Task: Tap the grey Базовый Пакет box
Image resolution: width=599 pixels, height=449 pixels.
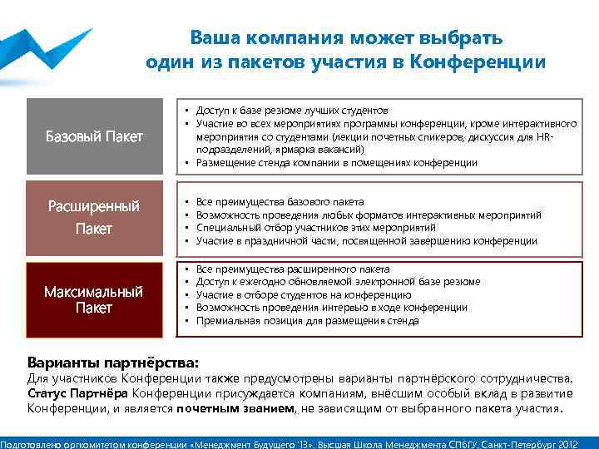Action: click(94, 136)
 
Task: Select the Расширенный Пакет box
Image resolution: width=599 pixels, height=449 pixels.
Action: click(94, 217)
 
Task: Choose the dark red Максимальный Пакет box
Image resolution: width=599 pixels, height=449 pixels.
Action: click(94, 299)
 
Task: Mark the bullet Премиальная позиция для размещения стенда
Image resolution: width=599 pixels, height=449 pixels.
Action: click(307, 321)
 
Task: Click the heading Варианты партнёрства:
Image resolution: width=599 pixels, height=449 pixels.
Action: click(113, 363)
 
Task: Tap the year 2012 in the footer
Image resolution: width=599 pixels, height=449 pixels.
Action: click(581, 442)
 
